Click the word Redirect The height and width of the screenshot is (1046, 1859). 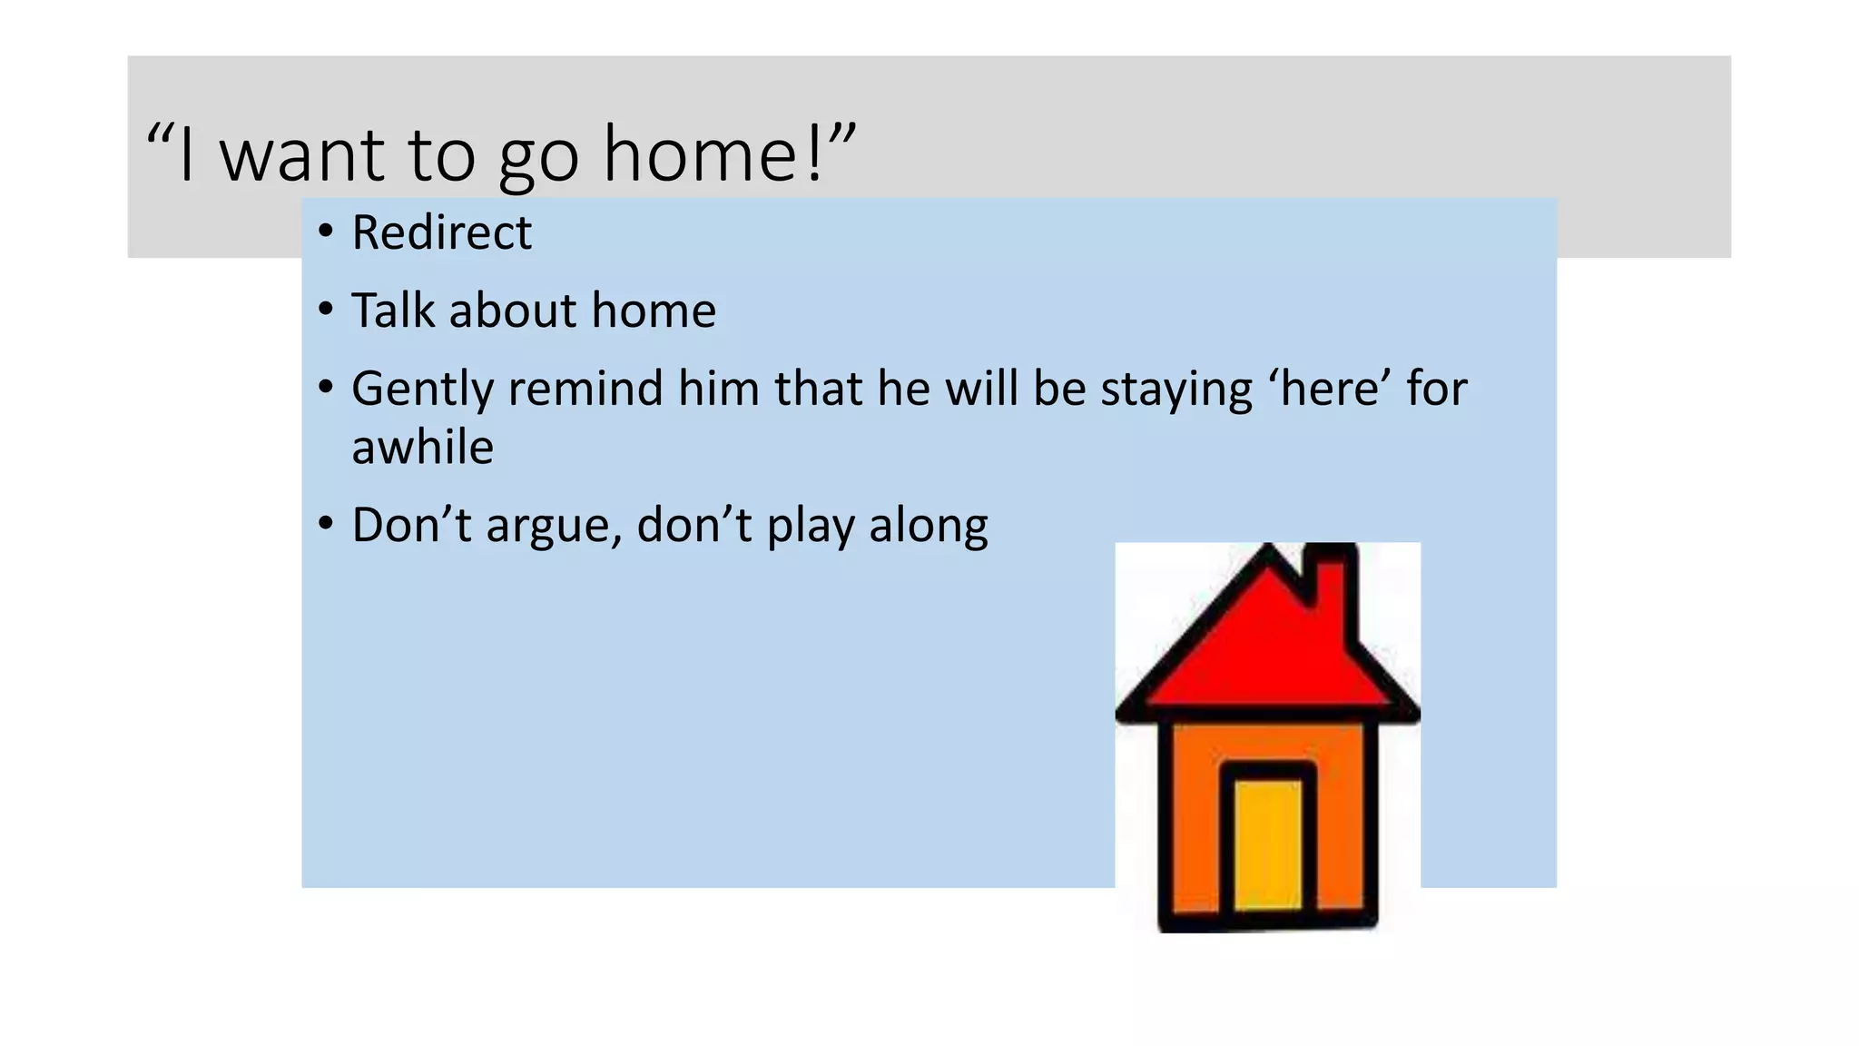[441, 232]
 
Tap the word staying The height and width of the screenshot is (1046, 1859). [1176, 390]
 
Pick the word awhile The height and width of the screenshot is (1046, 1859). [422, 448]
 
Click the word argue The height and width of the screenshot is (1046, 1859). [553, 527]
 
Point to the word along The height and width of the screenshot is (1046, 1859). [928, 527]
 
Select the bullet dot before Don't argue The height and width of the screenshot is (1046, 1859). [326, 524]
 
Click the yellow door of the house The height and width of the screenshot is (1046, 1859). [1268, 844]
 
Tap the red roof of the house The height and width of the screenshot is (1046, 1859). [1253, 654]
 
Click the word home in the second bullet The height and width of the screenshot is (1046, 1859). [654, 311]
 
